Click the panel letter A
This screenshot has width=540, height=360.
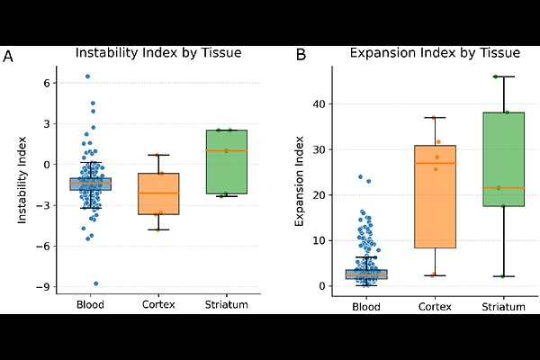(8, 57)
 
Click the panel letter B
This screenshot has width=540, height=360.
(301, 57)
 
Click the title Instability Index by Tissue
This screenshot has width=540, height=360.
(157, 52)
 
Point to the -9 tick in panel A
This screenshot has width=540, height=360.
(44, 287)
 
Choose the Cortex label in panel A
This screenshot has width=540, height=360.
(158, 305)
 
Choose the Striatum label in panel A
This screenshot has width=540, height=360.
(226, 305)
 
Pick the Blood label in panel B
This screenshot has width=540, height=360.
(365, 306)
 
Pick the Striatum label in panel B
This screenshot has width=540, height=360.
(503, 306)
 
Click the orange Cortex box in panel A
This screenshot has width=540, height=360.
(158, 193)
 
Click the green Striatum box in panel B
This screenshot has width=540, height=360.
(503, 153)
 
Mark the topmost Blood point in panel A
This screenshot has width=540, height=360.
(87, 76)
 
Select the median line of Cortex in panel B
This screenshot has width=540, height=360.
(435, 163)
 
